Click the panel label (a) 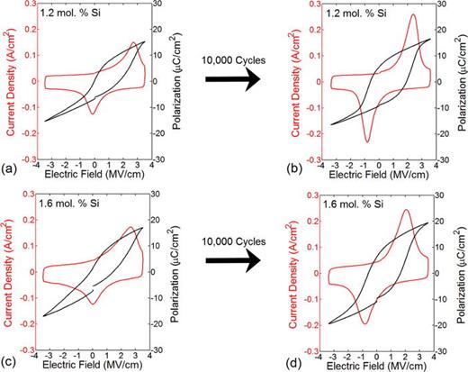[7, 169]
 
